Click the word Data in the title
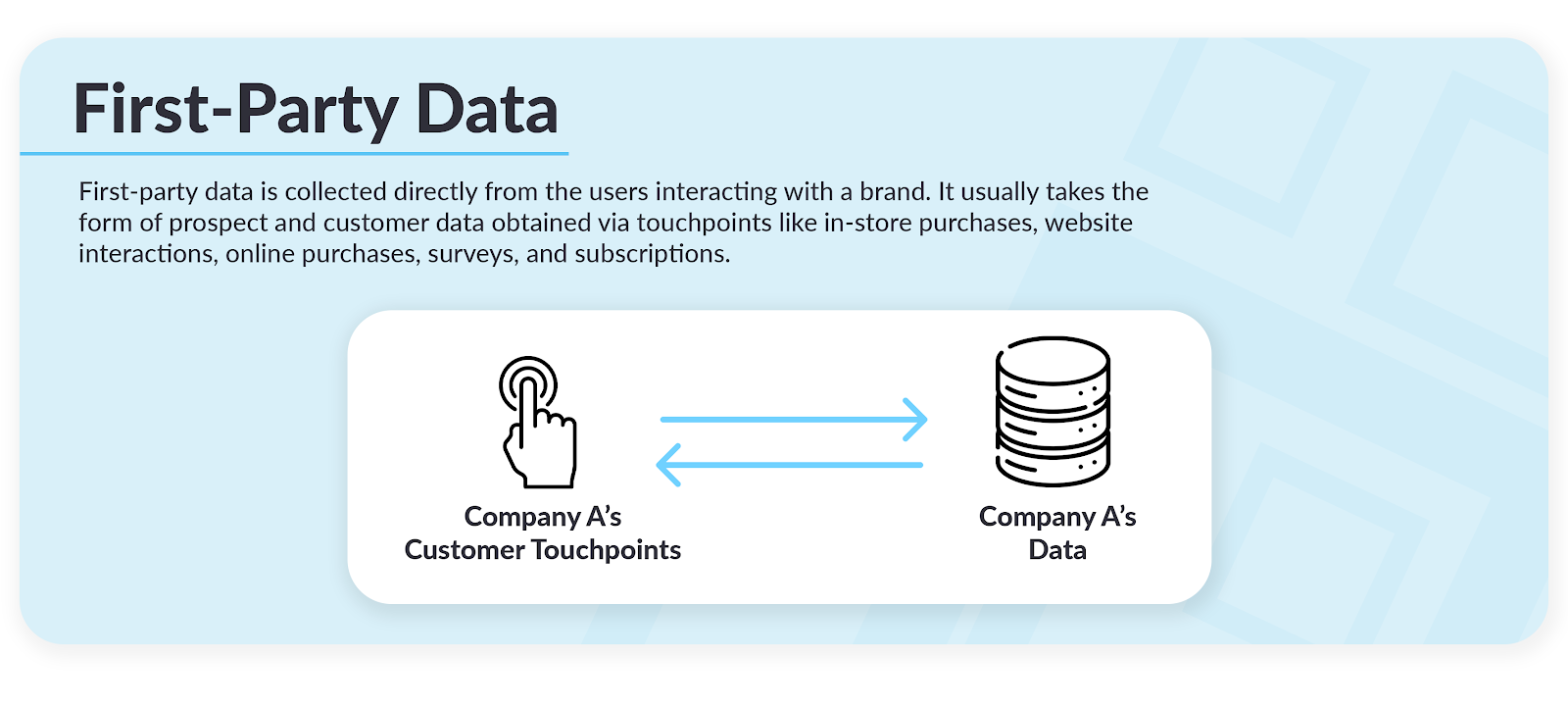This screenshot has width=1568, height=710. tap(487, 109)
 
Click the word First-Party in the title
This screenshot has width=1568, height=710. tap(236, 112)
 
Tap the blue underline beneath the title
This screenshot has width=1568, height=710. tap(294, 153)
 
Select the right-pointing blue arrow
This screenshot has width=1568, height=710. tap(794, 420)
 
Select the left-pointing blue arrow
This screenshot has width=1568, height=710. tap(790, 465)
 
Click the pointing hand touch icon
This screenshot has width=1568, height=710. tap(538, 423)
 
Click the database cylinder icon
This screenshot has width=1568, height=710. tap(1053, 412)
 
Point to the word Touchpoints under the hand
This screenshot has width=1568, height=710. tap(607, 550)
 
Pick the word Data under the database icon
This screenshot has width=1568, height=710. tap(1057, 549)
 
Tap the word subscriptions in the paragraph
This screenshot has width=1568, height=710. tap(653, 254)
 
